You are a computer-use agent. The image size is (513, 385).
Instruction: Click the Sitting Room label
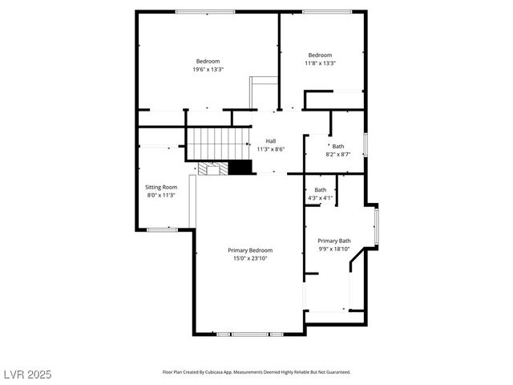[160, 187]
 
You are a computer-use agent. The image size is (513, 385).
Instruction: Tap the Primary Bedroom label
[250, 249]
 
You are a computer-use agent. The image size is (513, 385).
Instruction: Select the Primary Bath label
[333, 241]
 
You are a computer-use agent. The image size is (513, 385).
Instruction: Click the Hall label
[271, 140]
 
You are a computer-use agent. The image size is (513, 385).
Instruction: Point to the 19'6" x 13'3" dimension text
[208, 70]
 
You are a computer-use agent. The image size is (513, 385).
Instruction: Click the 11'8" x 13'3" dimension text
[320, 63]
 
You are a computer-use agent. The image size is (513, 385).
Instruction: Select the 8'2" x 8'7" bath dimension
[338, 154]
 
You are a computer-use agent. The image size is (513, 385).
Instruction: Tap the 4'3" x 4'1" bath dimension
[320, 198]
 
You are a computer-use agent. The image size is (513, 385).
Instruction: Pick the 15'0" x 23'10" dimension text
[250, 258]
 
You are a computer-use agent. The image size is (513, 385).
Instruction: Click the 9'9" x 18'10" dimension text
[333, 249]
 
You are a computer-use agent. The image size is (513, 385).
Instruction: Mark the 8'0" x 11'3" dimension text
[160, 195]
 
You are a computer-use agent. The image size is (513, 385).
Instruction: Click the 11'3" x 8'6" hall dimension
[271, 149]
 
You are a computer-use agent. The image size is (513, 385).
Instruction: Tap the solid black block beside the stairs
[240, 167]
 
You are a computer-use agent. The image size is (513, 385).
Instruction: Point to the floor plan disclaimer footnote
[256, 372]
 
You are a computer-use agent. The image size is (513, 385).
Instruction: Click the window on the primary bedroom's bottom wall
[249, 334]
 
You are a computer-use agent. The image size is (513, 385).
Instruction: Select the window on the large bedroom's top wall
[205, 11]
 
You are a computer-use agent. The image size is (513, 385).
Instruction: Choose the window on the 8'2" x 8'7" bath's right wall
[366, 144]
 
